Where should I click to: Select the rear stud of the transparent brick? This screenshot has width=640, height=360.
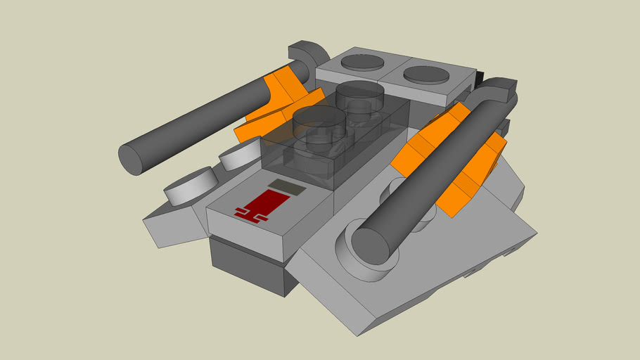[x=359, y=93]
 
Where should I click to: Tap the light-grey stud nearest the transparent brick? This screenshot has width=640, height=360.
[x=241, y=153]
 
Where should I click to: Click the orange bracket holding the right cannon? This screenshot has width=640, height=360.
[x=450, y=162]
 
